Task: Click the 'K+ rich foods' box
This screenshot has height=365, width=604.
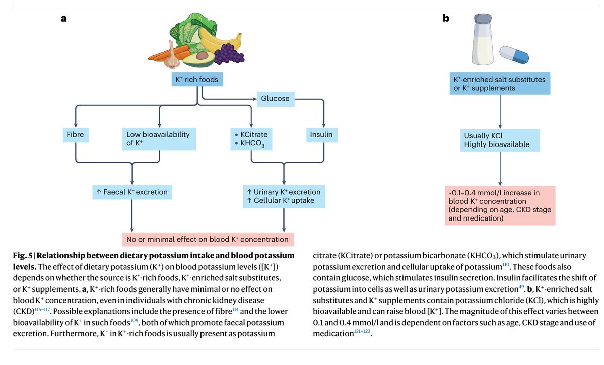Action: pyautogui.click(x=196, y=80)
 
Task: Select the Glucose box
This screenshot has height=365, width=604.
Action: pyautogui.click(x=275, y=99)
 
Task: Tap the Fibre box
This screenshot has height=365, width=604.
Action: pyautogui.click(x=75, y=135)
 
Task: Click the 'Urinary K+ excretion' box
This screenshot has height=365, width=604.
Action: pyautogui.click(x=284, y=196)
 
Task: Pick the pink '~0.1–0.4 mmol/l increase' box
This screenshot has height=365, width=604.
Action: pyautogui.click(x=499, y=205)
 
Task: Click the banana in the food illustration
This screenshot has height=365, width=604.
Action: pyautogui.click(x=220, y=38)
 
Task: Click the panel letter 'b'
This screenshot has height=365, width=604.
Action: pyautogui.click(x=446, y=19)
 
